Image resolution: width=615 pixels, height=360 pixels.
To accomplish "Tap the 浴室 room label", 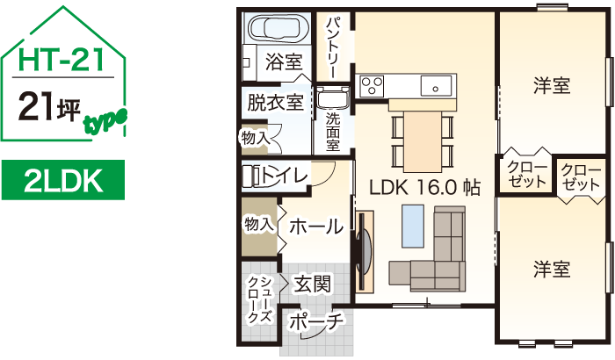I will coord(284,62).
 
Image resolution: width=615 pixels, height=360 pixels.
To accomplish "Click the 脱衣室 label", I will coord(275,102).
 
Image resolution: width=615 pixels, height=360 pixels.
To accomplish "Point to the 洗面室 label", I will coord(333,132).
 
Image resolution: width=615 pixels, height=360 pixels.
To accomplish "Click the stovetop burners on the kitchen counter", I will coord(371,85).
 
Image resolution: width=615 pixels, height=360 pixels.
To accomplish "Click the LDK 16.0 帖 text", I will coord(424,187).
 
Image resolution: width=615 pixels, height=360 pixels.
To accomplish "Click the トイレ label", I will coord(284,176).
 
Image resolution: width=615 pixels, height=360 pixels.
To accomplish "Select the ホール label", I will coord(315,226).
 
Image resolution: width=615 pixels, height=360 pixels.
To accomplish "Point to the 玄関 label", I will coord(313,284).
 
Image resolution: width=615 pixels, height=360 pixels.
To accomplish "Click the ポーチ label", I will coord(315,322).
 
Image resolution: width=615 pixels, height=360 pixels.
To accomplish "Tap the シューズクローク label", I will coord(258,299).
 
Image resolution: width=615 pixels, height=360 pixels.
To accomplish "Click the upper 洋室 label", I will coord(552,86).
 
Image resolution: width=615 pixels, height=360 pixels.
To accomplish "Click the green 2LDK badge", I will coord(60,182).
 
